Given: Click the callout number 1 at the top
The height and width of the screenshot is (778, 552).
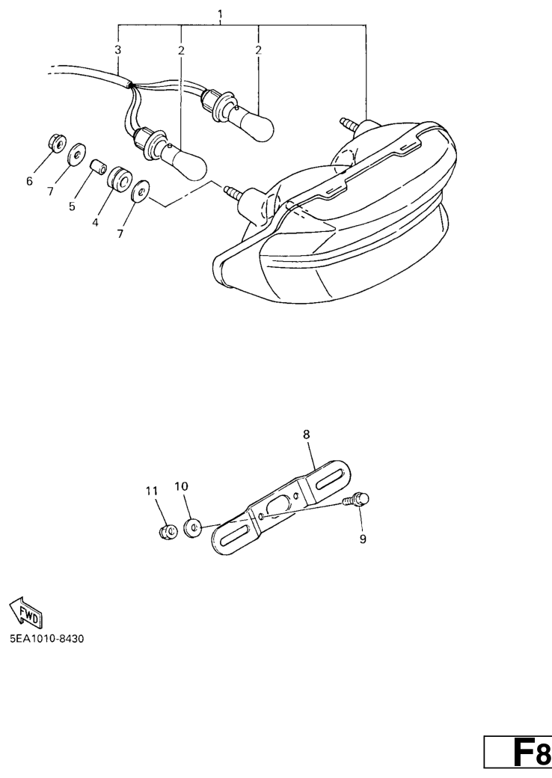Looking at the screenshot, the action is (x=220, y=14).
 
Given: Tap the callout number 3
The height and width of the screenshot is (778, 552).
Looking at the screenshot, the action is (x=117, y=49).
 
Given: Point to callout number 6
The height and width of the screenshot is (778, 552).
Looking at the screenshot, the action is (x=29, y=181).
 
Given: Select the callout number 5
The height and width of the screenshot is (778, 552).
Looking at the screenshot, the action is (x=72, y=206).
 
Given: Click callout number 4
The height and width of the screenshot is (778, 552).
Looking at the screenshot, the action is (x=95, y=222).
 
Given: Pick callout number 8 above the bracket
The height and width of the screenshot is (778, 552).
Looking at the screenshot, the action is (x=306, y=434).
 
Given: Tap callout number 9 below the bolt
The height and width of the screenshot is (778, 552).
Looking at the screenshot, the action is (x=363, y=539).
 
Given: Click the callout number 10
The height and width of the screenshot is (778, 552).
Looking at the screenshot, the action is (x=182, y=486).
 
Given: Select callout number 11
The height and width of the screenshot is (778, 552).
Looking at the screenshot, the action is (x=152, y=491).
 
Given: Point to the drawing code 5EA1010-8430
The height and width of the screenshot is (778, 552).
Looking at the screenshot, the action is (x=47, y=638).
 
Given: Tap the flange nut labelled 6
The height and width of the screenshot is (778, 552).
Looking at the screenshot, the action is (x=56, y=143).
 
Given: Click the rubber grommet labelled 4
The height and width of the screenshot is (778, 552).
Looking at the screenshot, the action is (x=119, y=177).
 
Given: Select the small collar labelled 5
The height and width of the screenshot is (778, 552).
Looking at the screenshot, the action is (x=98, y=167).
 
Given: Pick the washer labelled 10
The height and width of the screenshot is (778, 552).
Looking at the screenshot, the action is (x=192, y=527).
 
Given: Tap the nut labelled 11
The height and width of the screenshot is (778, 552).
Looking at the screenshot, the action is (x=168, y=532).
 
